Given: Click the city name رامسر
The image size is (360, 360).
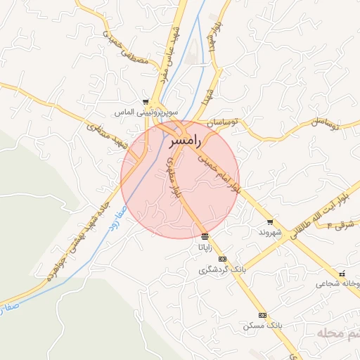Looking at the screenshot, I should pyautogui.click(x=185, y=141).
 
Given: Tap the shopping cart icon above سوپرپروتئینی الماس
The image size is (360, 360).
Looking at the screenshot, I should pyautogui.click(x=146, y=102).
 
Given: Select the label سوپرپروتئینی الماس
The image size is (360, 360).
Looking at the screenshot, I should pyautogui.click(x=148, y=112).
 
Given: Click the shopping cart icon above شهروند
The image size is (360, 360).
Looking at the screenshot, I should pyautogui.click(x=269, y=221).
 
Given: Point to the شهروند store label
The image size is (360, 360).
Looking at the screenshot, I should pyautogui.click(x=269, y=231).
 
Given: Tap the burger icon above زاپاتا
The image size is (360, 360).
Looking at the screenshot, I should pyautogui.click(x=205, y=236).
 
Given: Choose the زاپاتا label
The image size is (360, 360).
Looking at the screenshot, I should pyautogui.click(x=205, y=247).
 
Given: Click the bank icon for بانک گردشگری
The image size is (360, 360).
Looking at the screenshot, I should pyautogui.click(x=223, y=259).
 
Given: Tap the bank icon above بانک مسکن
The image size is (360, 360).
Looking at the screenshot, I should pyautogui.click(x=263, y=316).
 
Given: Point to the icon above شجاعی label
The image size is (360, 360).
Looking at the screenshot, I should pyautogui.click(x=342, y=274).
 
